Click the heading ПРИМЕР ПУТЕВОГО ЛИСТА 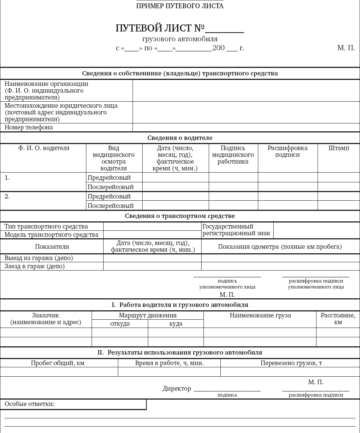point(180,6)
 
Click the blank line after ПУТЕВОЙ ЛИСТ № point(224,30)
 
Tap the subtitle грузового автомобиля point(180,39)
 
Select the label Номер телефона point(29,127)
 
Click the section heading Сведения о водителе point(180,138)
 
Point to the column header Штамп point(339,148)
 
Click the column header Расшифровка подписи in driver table point(287,151)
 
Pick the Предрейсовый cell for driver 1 point(109,177)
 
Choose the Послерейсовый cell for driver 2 point(110,206)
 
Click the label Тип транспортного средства point(46,226)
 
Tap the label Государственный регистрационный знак point(236,230)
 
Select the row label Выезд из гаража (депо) point(39,258)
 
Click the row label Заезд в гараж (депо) point(35,266)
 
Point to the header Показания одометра point(280,247)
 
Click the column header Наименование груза point(260,316)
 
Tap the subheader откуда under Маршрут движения point(120,323)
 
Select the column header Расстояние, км point(338,319)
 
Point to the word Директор point(177,388)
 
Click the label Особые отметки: point(30,404)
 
